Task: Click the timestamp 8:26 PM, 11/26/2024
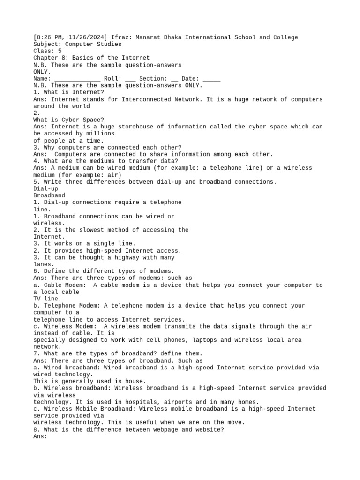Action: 70,37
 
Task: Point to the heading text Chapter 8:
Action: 51,58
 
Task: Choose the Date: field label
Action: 190,79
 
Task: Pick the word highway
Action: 123,257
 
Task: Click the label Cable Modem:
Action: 63,285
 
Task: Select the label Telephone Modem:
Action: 70,306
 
